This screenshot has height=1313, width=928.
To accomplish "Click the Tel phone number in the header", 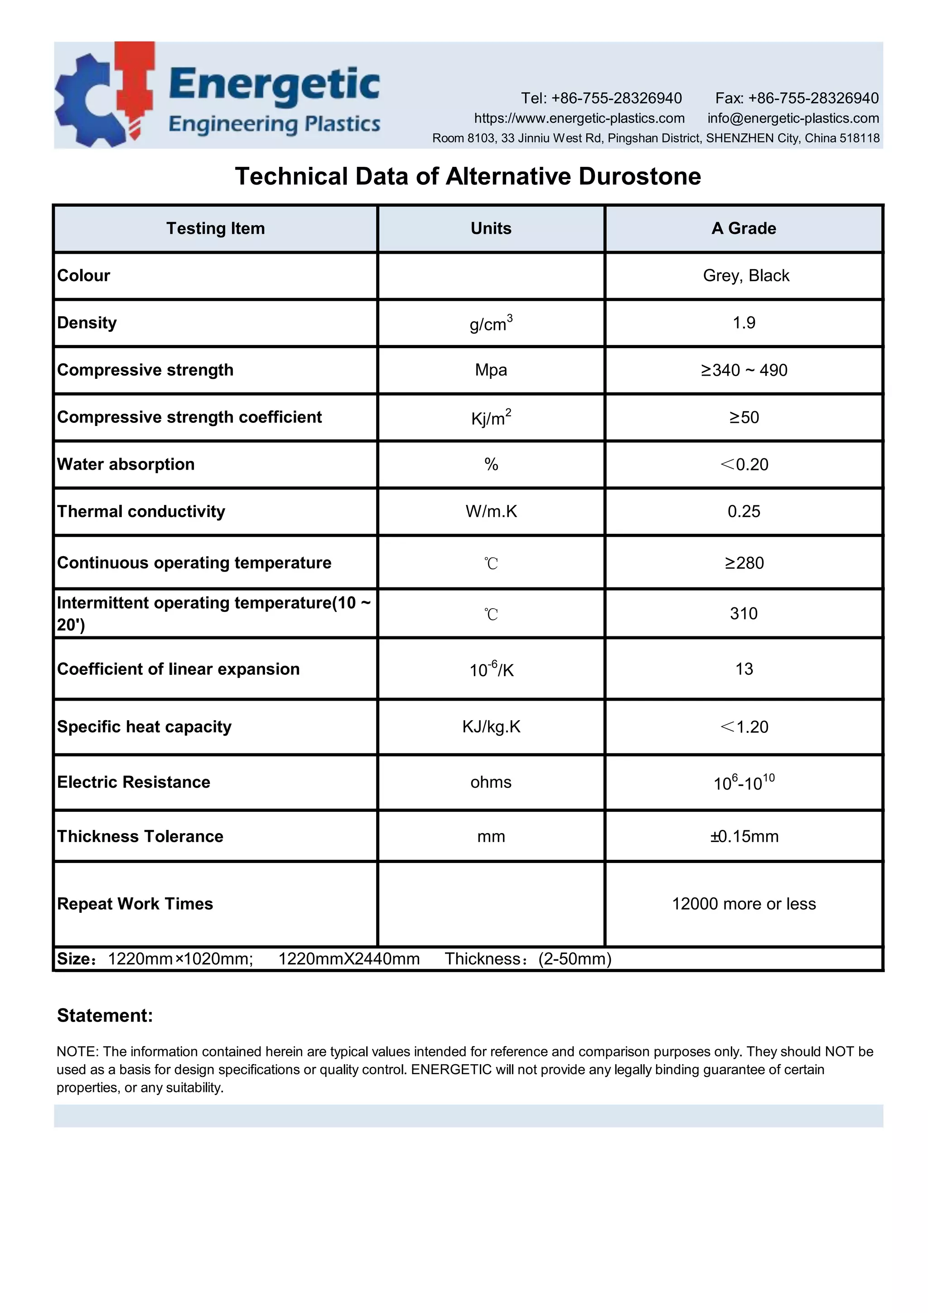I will click(616, 98).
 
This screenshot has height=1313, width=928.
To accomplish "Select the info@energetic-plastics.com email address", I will click(793, 118).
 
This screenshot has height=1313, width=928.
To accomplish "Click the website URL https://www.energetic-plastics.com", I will click(579, 118).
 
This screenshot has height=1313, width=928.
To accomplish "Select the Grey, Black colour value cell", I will click(745, 276).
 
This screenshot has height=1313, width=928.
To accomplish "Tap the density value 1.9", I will click(744, 323).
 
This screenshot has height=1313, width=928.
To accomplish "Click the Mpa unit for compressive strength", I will click(491, 370).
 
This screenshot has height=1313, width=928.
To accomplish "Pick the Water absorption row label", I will click(126, 465).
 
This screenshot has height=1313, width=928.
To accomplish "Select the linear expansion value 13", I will click(744, 669).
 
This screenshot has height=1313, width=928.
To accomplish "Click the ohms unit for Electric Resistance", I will click(491, 782).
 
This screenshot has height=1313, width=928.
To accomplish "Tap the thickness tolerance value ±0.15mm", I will click(744, 837).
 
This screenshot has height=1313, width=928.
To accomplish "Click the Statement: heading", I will click(105, 1016).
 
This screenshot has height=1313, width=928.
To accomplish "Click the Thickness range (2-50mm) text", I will click(575, 959).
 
